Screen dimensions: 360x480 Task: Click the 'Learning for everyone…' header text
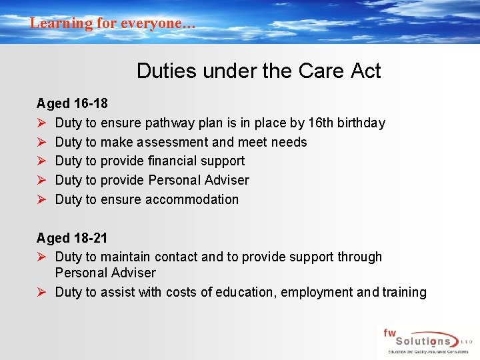click(113, 23)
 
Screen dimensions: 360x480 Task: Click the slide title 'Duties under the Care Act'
click(259, 71)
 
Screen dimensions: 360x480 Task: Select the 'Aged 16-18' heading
click(72, 104)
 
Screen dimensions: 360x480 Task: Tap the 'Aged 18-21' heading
click(72, 238)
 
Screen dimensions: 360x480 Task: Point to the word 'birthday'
click(361, 123)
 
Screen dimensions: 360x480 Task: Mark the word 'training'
click(401, 292)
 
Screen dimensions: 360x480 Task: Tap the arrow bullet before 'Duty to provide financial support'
click(41, 161)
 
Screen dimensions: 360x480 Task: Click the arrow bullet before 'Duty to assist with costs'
click(41, 292)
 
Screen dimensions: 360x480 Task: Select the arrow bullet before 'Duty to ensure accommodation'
click(41, 199)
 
